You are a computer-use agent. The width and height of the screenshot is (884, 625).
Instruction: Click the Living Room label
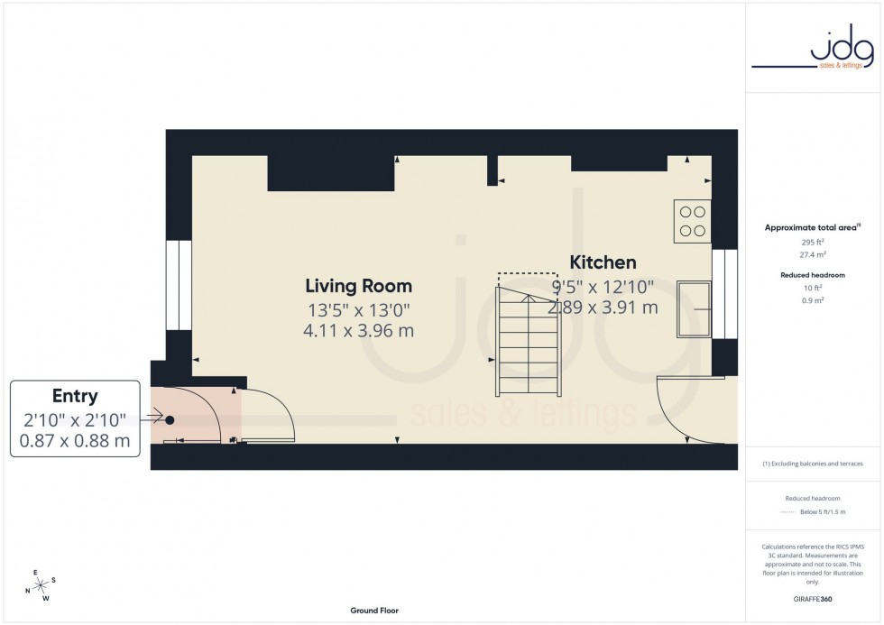358,286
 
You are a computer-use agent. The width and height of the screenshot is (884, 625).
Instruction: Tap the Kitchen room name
603,262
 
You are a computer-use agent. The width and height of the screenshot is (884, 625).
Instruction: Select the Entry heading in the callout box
75,396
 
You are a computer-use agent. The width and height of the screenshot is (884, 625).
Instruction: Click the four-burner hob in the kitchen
692,221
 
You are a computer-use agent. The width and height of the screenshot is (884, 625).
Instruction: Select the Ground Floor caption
374,611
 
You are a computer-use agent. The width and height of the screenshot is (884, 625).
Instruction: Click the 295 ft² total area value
813,243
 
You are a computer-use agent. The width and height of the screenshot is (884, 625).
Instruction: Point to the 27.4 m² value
813,255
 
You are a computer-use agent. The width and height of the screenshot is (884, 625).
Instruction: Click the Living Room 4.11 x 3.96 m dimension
358,330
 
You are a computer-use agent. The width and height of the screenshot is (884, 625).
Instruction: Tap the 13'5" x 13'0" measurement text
358,309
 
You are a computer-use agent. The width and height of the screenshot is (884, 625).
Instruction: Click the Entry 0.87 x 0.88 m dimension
75,441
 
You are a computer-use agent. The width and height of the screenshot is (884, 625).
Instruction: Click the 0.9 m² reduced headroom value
813,299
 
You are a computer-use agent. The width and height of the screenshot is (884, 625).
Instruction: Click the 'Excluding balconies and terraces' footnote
813,464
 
